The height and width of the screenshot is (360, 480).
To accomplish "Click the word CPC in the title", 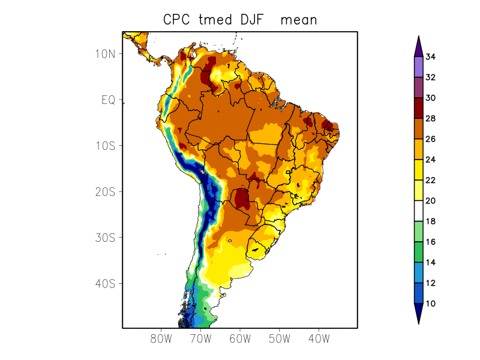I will pyautogui.click(x=178, y=20).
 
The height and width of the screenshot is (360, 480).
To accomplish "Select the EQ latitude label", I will pyautogui.click(x=108, y=100).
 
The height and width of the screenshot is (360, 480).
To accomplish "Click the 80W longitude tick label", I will pyautogui.click(x=161, y=339).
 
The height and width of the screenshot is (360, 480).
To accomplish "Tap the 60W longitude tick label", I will pyautogui.click(x=240, y=339).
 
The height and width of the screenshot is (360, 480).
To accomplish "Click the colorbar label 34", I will pyautogui.click(x=430, y=57).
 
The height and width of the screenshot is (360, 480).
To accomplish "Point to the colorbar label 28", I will pyautogui.click(x=430, y=119).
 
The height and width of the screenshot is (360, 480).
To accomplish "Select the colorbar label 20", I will pyautogui.click(x=430, y=201).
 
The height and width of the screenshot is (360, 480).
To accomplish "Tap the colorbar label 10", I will pyautogui.click(x=430, y=304).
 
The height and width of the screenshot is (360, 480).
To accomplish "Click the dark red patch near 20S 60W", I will pyautogui.click(x=242, y=198).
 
